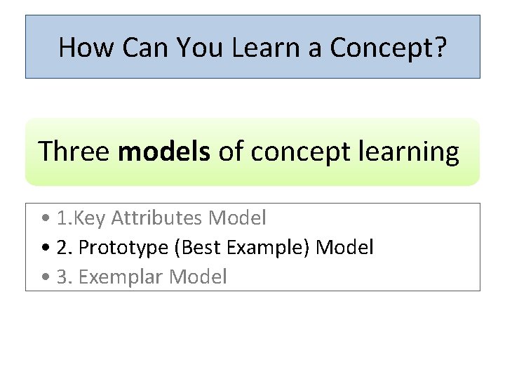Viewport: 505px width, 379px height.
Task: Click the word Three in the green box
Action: tap(74, 152)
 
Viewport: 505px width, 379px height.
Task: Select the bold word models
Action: tap(164, 152)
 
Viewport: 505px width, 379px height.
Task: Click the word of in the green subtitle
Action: tap(231, 152)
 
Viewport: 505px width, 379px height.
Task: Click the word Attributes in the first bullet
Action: tap(157, 218)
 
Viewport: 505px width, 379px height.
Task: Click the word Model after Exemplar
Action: tap(198, 277)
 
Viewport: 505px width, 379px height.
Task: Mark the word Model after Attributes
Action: tap(238, 218)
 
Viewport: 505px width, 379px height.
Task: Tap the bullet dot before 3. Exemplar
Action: tap(46, 277)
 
